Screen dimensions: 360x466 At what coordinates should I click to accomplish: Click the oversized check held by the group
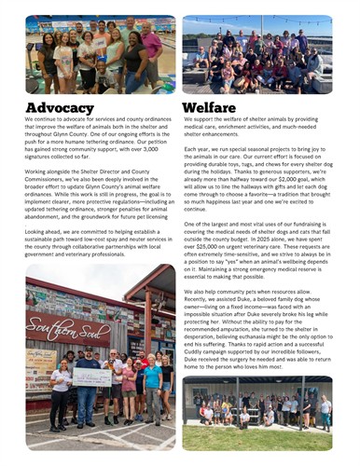(x=92, y=376)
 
